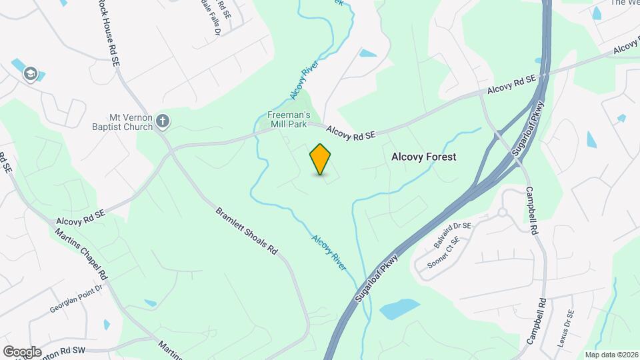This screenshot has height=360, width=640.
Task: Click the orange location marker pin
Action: (x=321, y=159)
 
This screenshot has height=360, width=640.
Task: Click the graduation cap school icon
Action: (x=29, y=73)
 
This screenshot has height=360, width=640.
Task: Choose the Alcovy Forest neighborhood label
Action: (x=423, y=157)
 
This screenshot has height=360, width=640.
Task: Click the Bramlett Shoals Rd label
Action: (x=246, y=232)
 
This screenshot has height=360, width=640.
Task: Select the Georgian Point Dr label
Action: (x=77, y=300)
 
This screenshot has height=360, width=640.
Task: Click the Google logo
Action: (x=23, y=352)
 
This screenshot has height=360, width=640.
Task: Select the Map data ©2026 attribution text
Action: (x=610, y=355)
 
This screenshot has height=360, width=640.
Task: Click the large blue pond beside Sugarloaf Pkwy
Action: (x=399, y=309)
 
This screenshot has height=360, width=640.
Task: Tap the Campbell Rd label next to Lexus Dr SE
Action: (x=535, y=321)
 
